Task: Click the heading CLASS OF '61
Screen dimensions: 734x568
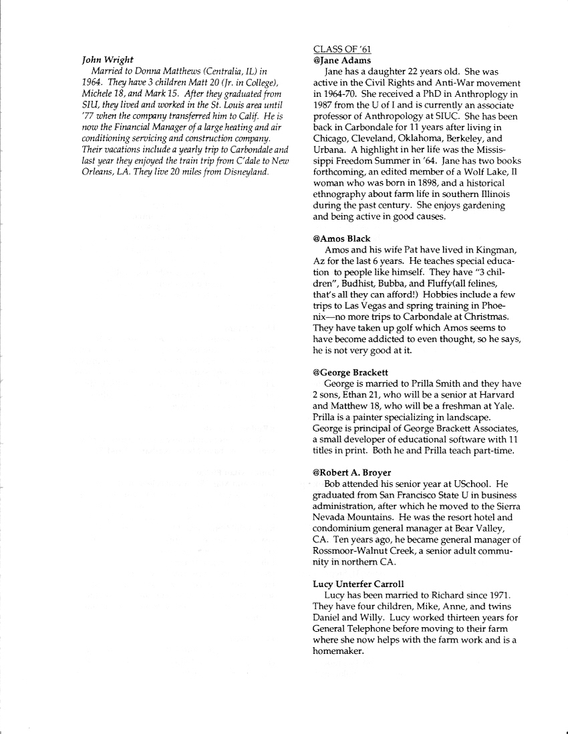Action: point(341,49)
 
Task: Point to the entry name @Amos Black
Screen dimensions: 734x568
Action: point(341,238)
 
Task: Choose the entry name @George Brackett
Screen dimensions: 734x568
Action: point(350,372)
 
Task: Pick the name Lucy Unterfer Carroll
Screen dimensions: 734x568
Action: point(358,584)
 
